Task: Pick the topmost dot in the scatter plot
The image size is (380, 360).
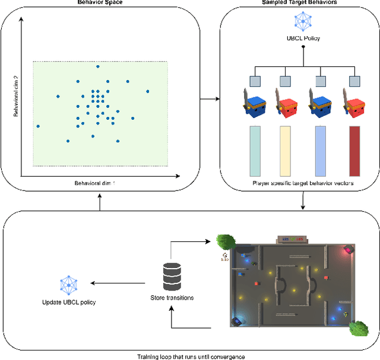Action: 98,66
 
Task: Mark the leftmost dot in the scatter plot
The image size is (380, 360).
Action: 38,126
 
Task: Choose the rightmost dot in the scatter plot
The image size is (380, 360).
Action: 148,91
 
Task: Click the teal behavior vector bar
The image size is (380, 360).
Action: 255,151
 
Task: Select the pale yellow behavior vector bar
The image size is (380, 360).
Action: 285,151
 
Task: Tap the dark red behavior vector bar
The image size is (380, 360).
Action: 354,151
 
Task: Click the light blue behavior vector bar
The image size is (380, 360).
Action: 319,151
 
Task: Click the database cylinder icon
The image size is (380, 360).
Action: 172,274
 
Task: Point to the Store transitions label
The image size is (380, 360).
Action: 172,297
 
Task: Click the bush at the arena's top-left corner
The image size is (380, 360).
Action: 226,241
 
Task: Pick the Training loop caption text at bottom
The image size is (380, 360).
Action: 190,356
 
